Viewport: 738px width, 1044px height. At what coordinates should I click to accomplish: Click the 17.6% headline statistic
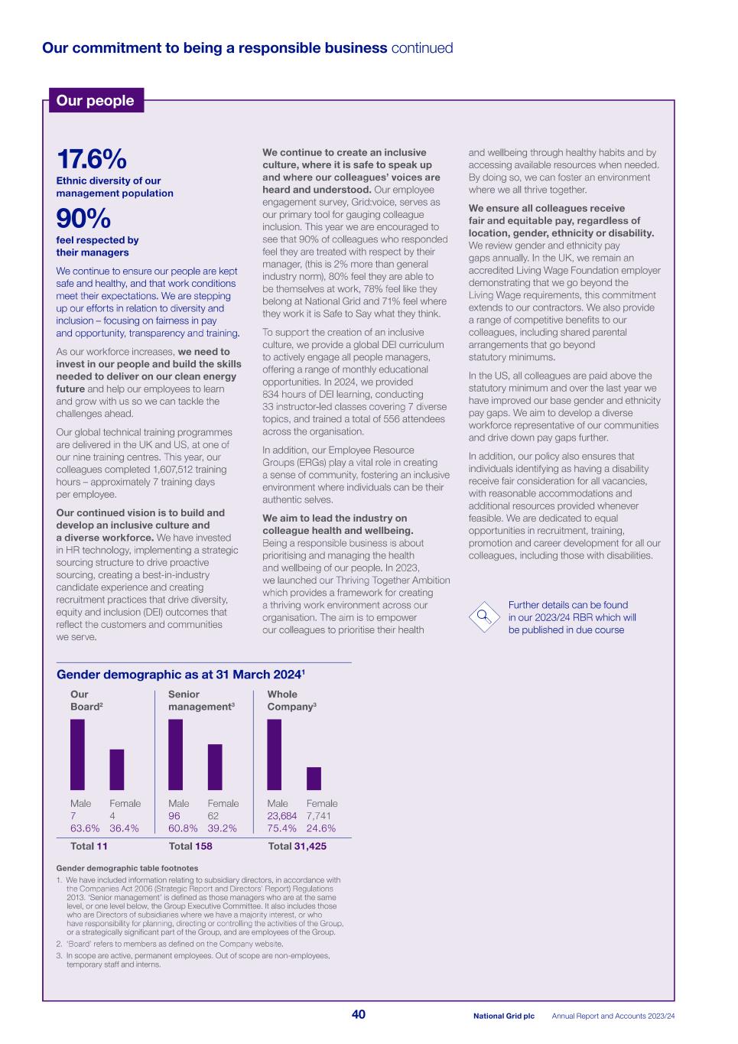pyautogui.click(x=91, y=160)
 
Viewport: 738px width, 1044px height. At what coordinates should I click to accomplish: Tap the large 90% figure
pyautogui.click(x=83, y=220)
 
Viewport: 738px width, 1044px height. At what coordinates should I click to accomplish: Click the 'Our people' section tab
pyautogui.click(x=96, y=101)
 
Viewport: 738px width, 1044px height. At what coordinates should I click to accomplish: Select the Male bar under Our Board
pyautogui.click(x=77, y=754)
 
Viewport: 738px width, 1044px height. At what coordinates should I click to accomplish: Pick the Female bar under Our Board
pyautogui.click(x=117, y=769)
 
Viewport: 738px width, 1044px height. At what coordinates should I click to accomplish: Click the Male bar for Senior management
pyautogui.click(x=175, y=754)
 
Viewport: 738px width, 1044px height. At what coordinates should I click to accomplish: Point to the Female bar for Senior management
pyautogui.click(x=215, y=766)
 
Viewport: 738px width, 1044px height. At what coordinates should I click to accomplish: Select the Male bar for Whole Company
pyautogui.click(x=274, y=754)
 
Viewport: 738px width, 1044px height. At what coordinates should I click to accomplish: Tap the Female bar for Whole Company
pyautogui.click(x=314, y=778)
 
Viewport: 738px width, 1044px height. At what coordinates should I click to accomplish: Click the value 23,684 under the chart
pyautogui.click(x=281, y=816)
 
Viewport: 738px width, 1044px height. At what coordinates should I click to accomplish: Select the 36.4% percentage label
pyautogui.click(x=125, y=828)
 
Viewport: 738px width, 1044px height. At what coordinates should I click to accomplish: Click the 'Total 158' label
pyautogui.click(x=190, y=846)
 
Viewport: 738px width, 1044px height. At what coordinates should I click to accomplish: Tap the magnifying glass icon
pyautogui.click(x=483, y=616)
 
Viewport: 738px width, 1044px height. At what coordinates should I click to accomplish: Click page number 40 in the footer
pyautogui.click(x=359, y=1015)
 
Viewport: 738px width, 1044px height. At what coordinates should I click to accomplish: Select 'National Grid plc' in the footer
pyautogui.click(x=503, y=1016)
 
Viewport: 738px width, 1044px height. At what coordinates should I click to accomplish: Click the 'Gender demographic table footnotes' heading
pyautogui.click(x=127, y=868)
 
